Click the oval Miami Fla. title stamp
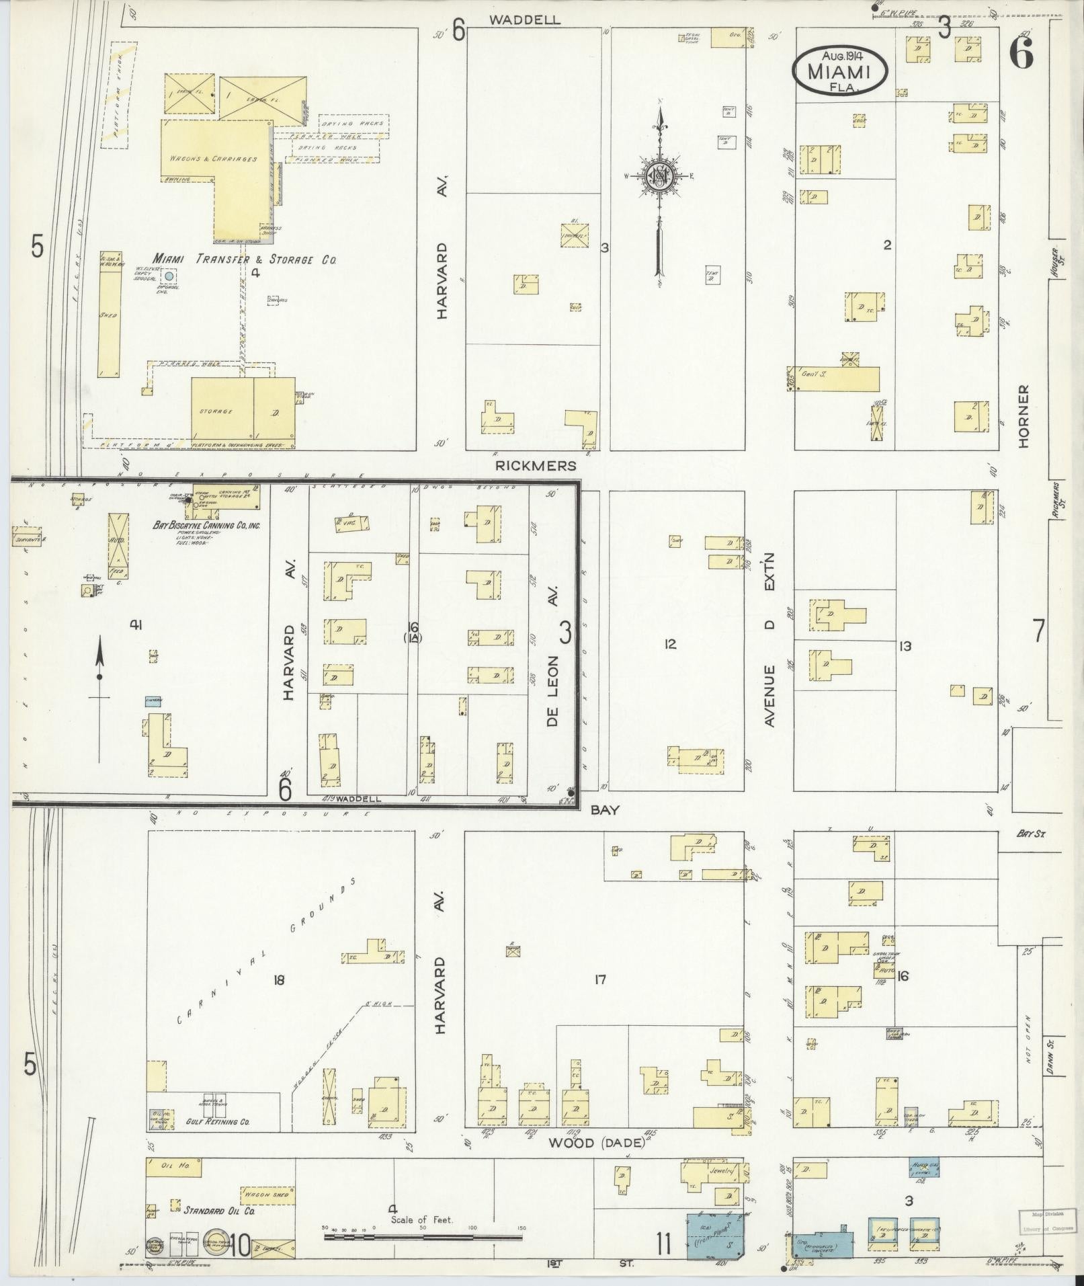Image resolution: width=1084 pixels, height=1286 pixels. pos(840,72)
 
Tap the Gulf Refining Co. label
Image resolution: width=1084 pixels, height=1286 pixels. pos(215,1122)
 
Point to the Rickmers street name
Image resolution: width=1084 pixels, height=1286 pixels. pos(535,465)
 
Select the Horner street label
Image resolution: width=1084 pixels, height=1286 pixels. pos(1024,417)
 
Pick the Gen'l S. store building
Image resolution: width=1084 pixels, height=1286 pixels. pos(833,378)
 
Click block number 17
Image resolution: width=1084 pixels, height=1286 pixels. pos(600,980)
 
